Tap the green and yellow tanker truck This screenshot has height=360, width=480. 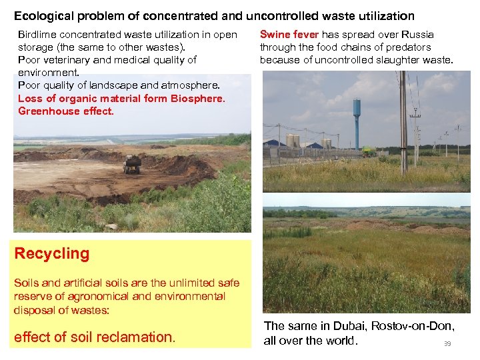(x=369, y=151)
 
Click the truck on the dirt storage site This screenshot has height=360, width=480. (x=132, y=165)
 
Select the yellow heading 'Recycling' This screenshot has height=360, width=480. (x=52, y=254)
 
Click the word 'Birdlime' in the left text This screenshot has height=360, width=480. (x=37, y=34)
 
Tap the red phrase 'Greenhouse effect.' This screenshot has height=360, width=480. (x=66, y=111)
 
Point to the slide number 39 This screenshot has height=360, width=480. (x=447, y=344)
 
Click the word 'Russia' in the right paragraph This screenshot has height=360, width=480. (x=418, y=34)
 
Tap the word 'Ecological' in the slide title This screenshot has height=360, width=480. (x=43, y=15)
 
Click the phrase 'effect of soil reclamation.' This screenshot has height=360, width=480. (x=95, y=337)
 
